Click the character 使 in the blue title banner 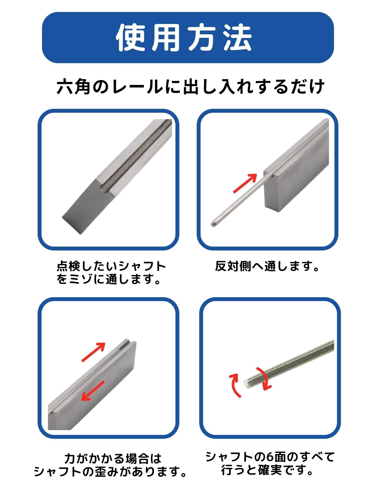tap(131, 38)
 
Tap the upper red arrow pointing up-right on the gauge tap(93, 352)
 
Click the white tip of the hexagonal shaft tap(246, 383)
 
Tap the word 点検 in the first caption tap(69, 267)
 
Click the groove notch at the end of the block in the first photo tap(104, 188)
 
